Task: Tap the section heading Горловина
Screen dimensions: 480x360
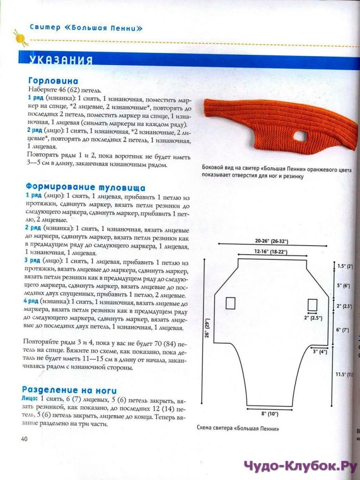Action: tap(53, 81)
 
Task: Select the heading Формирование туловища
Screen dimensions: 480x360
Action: tap(86, 187)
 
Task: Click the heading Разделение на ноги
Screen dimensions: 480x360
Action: tap(69, 390)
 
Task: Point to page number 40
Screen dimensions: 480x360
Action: tap(24, 438)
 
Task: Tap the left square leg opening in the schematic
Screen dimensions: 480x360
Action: tap(230, 303)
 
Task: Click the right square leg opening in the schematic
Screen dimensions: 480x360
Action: tap(313, 304)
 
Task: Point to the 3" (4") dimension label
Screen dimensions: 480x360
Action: tap(319, 351)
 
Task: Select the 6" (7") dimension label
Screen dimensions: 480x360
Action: tap(342, 330)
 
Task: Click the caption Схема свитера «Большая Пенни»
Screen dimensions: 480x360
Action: tap(238, 428)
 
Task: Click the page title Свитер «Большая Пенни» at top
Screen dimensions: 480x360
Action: tap(86, 28)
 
